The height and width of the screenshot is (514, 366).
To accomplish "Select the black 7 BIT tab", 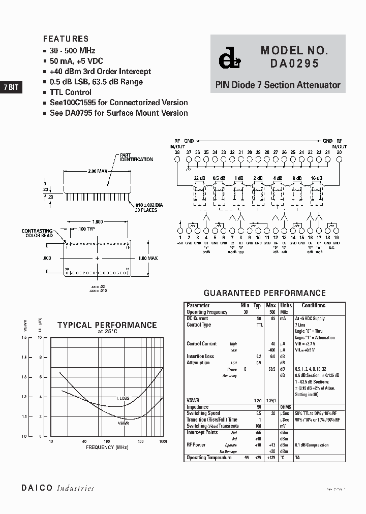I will coord(11,87).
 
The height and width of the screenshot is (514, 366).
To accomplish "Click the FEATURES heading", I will coord(66,39).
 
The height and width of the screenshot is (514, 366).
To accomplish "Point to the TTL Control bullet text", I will coord(71,92).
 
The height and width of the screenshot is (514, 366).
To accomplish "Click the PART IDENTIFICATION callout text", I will coord(136,157).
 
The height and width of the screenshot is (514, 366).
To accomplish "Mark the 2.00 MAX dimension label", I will coord(98,172).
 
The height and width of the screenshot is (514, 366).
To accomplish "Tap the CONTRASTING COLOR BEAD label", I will coord(38,234).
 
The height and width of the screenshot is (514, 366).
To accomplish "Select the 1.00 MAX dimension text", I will coord(147,259).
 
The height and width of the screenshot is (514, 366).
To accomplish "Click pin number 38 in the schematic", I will coord(177,152).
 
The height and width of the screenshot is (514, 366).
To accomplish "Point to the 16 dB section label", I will coord(316,178).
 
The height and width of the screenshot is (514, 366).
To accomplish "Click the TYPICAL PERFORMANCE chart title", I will coord(107,325).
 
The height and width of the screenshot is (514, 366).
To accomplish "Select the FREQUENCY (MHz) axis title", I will coord(107,447).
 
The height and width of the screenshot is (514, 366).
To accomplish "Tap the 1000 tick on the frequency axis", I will coord(163,441).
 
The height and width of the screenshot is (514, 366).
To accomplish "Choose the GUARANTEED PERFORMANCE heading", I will coord(264,293).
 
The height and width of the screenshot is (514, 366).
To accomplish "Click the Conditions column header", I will coord(313,305).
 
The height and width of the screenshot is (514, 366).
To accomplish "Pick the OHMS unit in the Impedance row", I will coord(286,407).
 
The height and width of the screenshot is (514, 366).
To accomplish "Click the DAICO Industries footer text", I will coord(57,488).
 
